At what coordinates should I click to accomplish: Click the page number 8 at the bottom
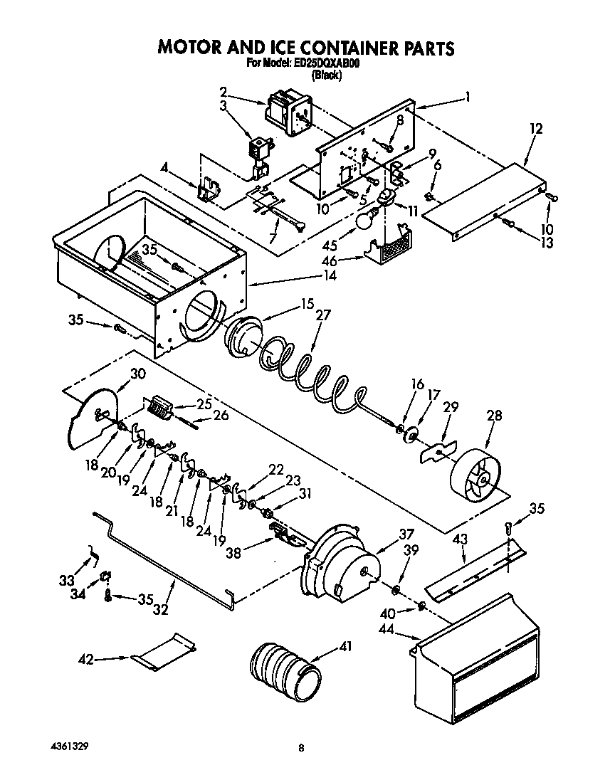click(302, 748)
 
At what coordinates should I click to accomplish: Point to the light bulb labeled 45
click(364, 221)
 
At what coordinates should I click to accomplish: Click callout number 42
click(85, 660)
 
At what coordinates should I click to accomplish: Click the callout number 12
click(535, 129)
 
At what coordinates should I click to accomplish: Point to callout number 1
click(468, 97)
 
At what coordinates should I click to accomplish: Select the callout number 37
click(406, 534)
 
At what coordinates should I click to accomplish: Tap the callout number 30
click(137, 374)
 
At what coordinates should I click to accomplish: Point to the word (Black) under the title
click(327, 76)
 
